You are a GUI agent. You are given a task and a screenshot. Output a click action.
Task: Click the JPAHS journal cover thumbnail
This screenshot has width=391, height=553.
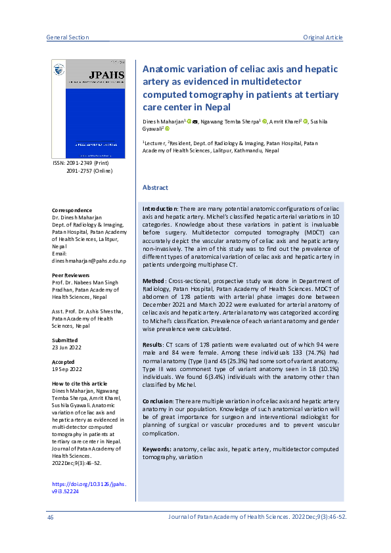(x=88, y=109)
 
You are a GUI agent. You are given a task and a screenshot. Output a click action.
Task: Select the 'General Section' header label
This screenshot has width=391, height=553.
(x=68, y=37)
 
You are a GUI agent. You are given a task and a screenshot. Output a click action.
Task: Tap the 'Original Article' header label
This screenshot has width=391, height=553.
(x=323, y=37)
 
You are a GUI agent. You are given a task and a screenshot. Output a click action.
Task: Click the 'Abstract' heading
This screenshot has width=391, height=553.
(x=155, y=188)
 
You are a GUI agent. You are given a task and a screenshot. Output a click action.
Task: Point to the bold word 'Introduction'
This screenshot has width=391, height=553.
(x=160, y=208)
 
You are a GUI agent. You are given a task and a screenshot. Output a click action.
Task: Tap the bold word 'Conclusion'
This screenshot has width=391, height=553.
(x=158, y=401)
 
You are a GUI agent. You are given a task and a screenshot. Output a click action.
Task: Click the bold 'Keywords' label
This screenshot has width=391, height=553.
(x=157, y=449)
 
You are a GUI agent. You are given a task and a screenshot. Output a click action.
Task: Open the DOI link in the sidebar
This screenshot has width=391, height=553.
(x=89, y=488)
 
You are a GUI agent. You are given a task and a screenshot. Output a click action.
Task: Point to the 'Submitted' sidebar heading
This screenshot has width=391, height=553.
(x=64, y=340)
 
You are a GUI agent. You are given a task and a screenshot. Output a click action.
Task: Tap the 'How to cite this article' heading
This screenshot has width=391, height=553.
(x=80, y=384)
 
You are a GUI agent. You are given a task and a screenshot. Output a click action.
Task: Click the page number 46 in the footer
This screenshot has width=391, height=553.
(x=50, y=518)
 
